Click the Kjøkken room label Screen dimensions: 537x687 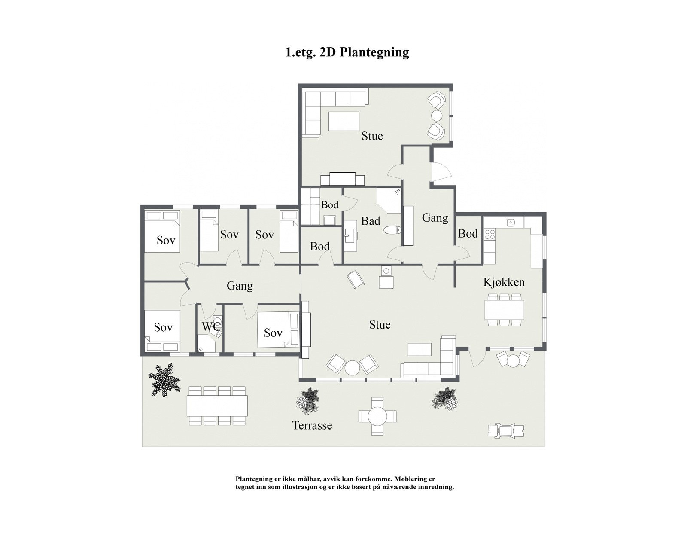coord(504,282)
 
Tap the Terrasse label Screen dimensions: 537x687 coord(312,425)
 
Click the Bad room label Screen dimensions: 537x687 coord(370,221)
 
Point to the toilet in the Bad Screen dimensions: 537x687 coord(392,231)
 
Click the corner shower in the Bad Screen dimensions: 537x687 coord(389,200)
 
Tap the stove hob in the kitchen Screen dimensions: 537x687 coord(490,235)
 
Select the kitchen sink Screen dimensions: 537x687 coord(511,222)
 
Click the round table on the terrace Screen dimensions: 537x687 coord(377,416)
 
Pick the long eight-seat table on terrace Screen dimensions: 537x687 coord(217,406)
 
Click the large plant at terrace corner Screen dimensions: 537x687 coord(164,380)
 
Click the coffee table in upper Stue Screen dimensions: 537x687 coord(343,121)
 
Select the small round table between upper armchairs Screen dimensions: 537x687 coord(437,116)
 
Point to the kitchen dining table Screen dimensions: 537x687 coord(504,309)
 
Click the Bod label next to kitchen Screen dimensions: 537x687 coord(468,233)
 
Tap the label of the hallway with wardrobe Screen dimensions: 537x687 coord(435,218)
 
